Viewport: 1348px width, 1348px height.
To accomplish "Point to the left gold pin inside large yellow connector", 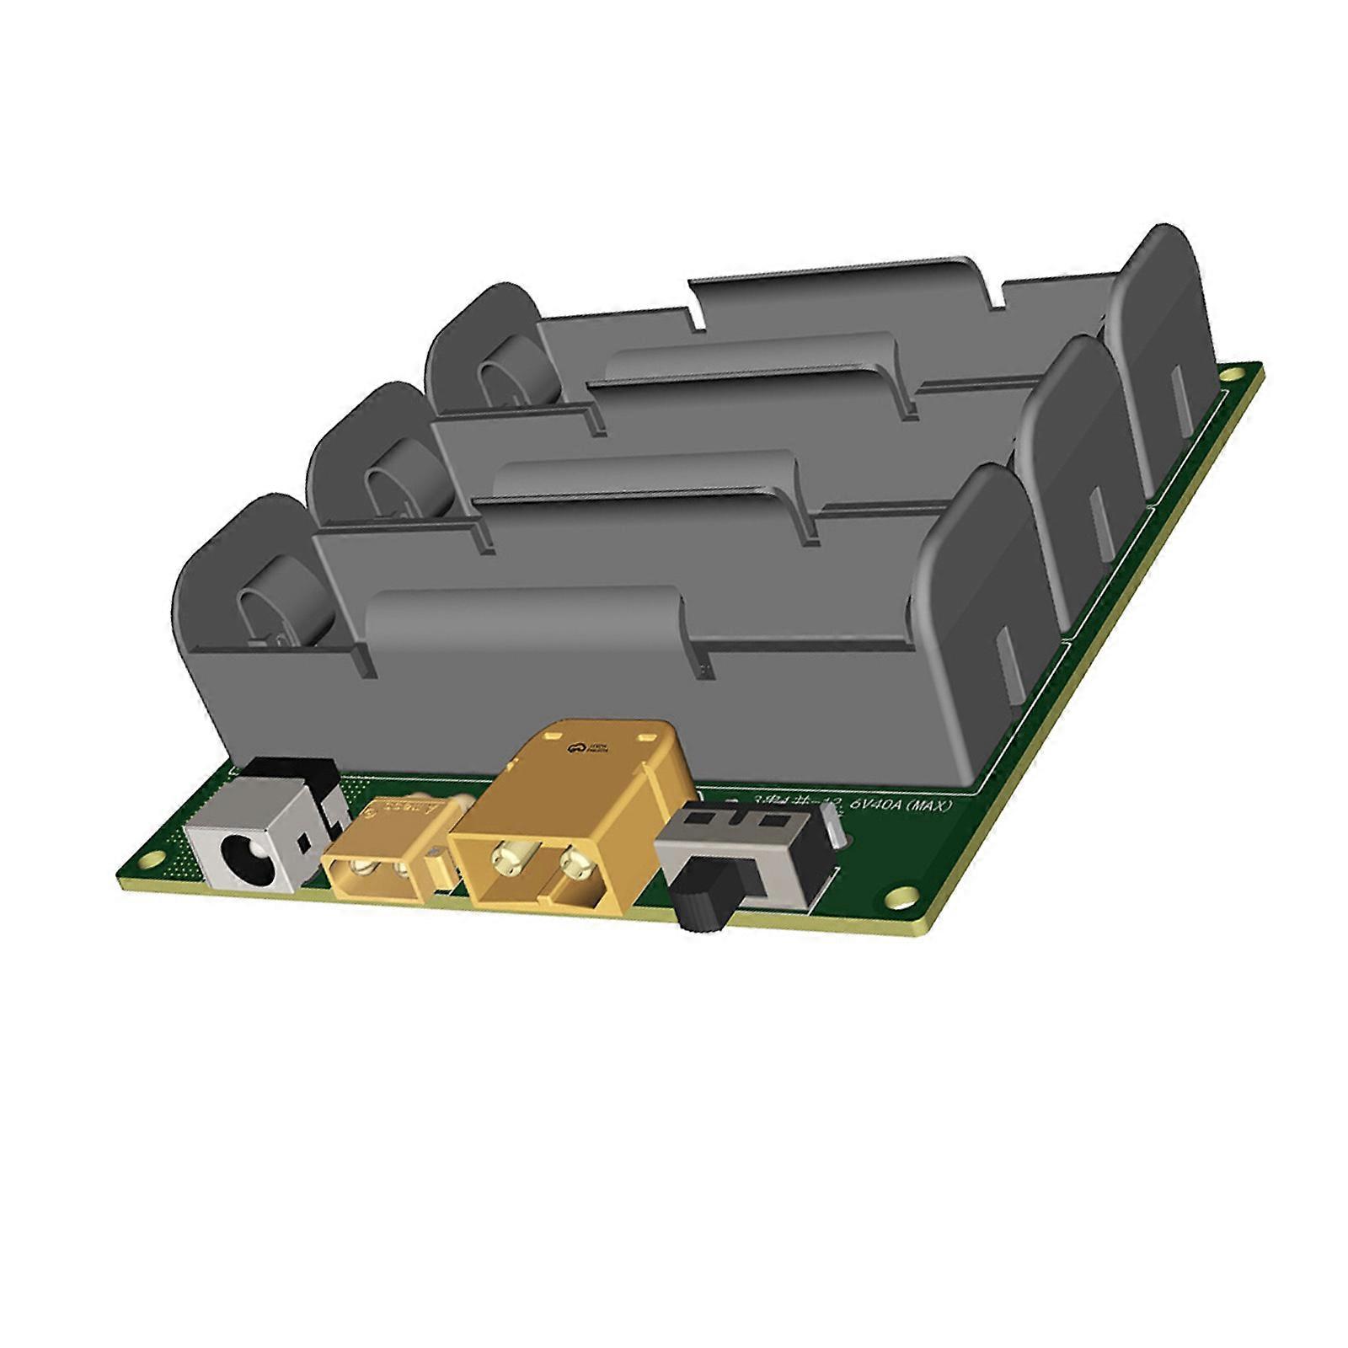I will [511, 859].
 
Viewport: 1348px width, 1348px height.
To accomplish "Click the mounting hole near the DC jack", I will [154, 859].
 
